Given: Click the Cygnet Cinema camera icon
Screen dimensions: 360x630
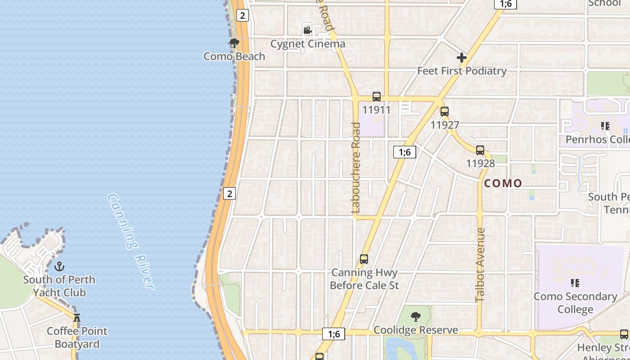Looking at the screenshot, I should (x=307, y=31).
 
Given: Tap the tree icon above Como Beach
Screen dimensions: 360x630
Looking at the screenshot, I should (x=234, y=43).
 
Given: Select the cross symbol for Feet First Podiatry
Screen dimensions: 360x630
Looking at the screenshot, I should (x=461, y=58).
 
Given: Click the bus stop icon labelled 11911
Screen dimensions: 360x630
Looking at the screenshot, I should (x=377, y=96).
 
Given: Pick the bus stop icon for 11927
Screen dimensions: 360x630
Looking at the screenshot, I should (x=445, y=112).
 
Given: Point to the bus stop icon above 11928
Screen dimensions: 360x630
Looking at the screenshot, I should (x=480, y=150).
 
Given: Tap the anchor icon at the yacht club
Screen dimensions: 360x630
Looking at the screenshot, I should (x=59, y=266).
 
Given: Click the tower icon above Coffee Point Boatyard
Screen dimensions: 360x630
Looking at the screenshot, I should (x=77, y=318).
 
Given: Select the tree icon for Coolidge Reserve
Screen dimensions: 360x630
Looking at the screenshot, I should (x=416, y=317).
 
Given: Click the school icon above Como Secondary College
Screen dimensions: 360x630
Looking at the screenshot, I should (x=575, y=283).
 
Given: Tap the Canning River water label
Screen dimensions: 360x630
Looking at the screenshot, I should (x=131, y=241).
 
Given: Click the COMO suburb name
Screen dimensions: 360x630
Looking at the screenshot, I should (x=503, y=184).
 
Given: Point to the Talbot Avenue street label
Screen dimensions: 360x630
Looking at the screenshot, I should (x=480, y=265).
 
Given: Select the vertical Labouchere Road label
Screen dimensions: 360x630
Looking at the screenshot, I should (x=356, y=167).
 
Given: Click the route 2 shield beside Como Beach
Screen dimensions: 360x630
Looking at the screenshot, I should (x=243, y=15).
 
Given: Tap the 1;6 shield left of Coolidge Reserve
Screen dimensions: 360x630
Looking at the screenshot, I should (x=333, y=334).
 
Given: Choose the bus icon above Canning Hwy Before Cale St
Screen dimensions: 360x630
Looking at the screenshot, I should (x=364, y=259).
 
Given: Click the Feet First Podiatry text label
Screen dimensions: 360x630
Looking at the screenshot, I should (x=462, y=71).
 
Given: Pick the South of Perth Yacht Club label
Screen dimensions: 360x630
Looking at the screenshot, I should (x=59, y=286).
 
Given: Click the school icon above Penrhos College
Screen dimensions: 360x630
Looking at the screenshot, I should (x=605, y=126).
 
